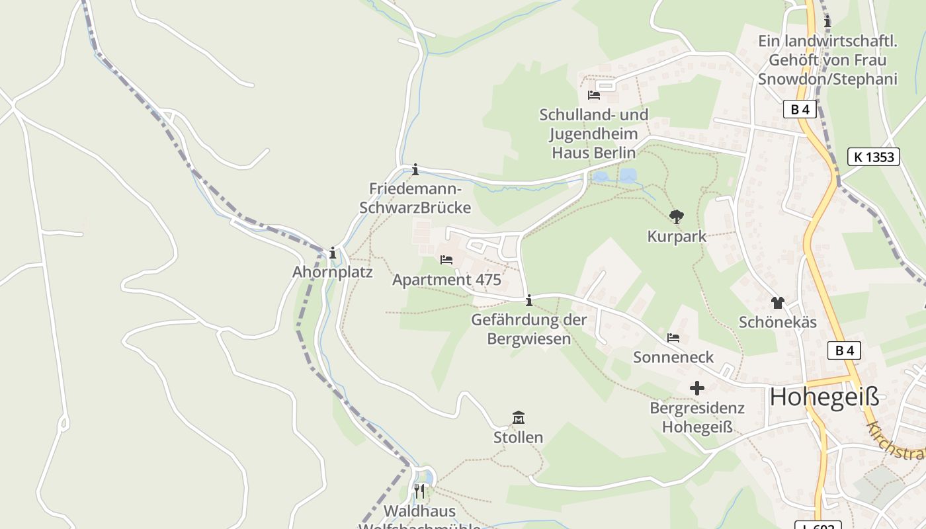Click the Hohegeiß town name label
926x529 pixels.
[825, 397]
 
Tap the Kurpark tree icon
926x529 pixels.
[676, 216]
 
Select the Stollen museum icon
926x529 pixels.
[519, 418]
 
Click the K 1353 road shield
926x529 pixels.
[873, 157]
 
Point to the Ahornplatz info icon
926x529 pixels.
[333, 253]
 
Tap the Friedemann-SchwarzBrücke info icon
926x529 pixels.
[415, 170]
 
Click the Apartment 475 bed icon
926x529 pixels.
[446, 260]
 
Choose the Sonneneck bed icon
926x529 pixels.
[673, 338]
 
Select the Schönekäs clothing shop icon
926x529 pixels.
[777, 303]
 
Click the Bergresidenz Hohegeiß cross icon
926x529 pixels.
[697, 388]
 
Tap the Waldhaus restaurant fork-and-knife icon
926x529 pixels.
[419, 491]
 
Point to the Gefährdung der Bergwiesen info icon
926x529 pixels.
[528, 302]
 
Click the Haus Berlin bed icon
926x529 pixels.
[594, 95]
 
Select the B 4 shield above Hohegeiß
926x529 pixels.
[844, 350]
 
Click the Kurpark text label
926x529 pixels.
[677, 237]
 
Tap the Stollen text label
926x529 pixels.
[518, 438]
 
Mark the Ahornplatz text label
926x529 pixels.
[333, 272]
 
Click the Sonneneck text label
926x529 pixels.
[673, 358]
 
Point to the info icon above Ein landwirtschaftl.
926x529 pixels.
[827, 22]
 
